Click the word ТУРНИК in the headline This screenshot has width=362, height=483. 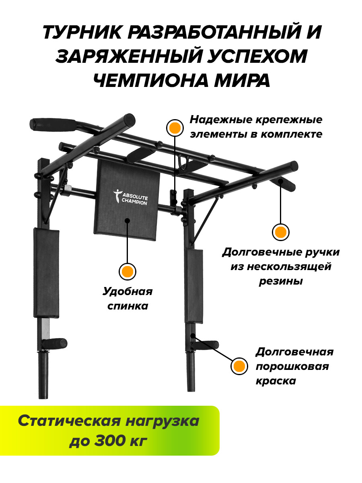tap(82, 32)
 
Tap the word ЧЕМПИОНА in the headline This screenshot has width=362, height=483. tap(152, 80)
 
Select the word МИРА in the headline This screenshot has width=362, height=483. tap(242, 80)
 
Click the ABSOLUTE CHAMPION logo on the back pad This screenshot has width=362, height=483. tap(131, 197)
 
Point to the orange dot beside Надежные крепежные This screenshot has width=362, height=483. tap(175, 128)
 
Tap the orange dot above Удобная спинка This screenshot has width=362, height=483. tap(128, 272)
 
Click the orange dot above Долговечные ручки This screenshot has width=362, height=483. tap(280, 232)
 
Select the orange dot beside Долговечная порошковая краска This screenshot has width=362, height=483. tap(239, 366)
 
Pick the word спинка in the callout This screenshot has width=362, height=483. tap(128, 306)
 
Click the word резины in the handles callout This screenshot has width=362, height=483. tap(281, 281)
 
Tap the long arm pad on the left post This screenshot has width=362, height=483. tap(46, 273)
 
